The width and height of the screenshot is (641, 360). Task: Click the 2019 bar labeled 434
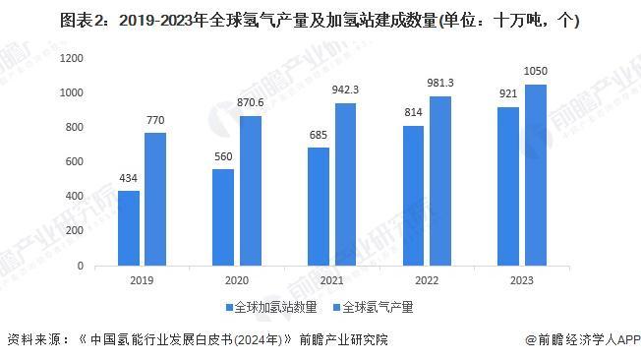pos(128,227)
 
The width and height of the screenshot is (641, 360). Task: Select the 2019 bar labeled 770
pos(155,199)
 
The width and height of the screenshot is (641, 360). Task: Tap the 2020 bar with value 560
pos(223,216)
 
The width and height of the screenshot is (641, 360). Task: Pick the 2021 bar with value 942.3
pos(345,184)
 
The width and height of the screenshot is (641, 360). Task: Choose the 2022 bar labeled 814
pos(413,195)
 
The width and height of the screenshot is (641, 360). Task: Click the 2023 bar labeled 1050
pos(535,174)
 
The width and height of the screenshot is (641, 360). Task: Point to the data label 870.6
pos(250,104)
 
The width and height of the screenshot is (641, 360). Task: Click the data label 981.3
pos(439,85)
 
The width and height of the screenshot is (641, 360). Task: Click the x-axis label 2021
pos(331,281)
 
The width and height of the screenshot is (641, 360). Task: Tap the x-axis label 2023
pos(521,281)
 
